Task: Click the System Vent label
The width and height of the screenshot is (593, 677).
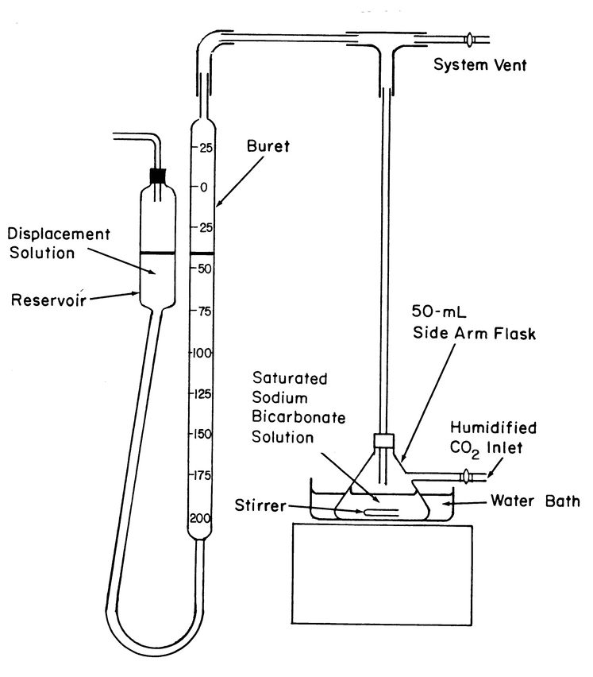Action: [x=479, y=65]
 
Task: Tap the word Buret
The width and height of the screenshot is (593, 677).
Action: [x=267, y=146]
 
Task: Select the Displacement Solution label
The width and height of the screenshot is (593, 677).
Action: [x=58, y=243]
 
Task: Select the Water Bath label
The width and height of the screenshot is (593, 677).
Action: [x=535, y=501]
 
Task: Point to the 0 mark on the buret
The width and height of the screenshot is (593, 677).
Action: [x=204, y=188]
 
